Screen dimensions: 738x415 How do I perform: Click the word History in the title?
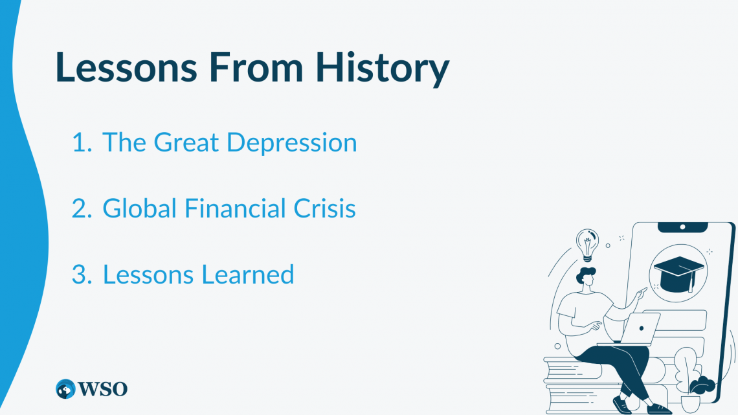[382, 68]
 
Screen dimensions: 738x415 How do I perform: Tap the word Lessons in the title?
[126, 67]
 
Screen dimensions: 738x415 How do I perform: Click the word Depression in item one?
[292, 143]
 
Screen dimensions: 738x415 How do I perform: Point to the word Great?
[186, 142]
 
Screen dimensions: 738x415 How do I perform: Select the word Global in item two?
[139, 208]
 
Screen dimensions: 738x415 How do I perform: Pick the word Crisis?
[325, 208]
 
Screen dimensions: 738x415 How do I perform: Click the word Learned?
[248, 275]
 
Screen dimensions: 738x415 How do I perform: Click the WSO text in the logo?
[102, 389]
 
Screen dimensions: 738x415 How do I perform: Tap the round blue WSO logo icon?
[65, 389]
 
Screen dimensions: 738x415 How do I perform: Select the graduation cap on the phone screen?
[678, 274]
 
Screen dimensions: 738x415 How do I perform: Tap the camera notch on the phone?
[682, 227]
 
